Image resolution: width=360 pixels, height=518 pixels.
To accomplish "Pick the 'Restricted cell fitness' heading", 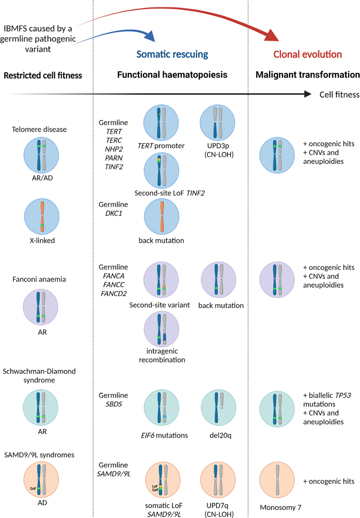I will pos(42,75).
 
